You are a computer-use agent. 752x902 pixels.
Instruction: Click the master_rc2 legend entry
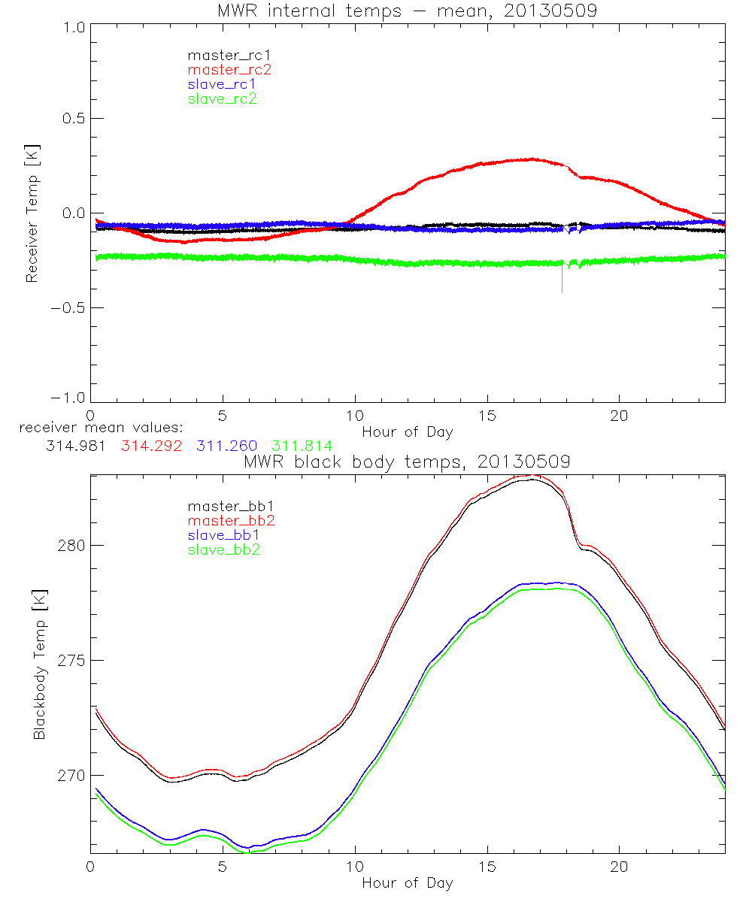pyautogui.click(x=229, y=70)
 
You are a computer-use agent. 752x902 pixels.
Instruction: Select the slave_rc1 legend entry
pyautogui.click(x=222, y=84)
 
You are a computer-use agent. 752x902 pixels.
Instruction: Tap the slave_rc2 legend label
pyautogui.click(x=222, y=98)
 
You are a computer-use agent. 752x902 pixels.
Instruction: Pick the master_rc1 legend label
pyautogui.click(x=229, y=55)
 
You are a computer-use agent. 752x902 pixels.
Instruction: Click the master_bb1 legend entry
pyautogui.click(x=229, y=506)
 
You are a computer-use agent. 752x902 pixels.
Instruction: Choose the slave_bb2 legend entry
pyautogui.click(x=224, y=550)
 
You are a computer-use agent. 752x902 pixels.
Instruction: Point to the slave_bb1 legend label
pyautogui.click(x=224, y=535)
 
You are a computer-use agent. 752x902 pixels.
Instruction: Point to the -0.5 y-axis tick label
pyautogui.click(x=68, y=307)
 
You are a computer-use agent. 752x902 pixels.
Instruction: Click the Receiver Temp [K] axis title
pyautogui.click(x=31, y=214)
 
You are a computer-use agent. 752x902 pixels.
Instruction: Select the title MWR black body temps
pyautogui.click(x=407, y=462)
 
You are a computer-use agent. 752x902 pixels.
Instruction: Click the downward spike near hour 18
pyautogui.click(x=562, y=282)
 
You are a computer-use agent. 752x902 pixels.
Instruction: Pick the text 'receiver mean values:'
pyautogui.click(x=91, y=428)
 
